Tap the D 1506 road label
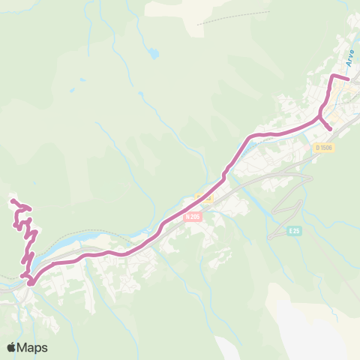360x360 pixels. (324, 148)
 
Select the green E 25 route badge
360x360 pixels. (294, 231)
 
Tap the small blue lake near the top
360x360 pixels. (154, 54)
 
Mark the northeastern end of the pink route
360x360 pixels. (349, 78)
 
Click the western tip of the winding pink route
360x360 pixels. (12, 200)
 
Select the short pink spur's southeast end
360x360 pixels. (331, 129)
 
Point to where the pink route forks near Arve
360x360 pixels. (320, 117)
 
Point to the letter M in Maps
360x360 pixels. (25, 347)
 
